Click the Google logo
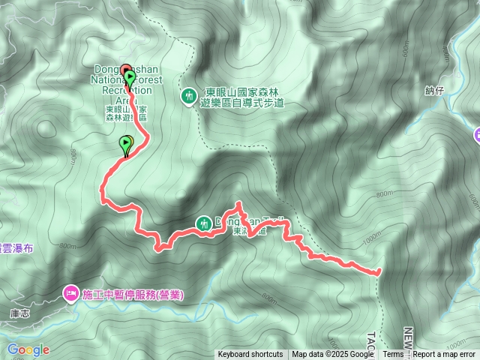pos(28,349)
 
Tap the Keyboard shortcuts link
pos(250,355)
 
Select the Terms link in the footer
pos(393,355)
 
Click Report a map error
pos(445,355)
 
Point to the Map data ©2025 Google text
pos(333,355)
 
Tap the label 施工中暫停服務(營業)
pos(132,295)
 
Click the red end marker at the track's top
pos(124,70)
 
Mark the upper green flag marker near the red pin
pos(130,78)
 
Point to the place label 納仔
pos(456,91)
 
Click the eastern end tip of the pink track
pos(379,271)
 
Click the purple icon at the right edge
pos(477,134)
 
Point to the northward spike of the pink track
pos(239,204)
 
